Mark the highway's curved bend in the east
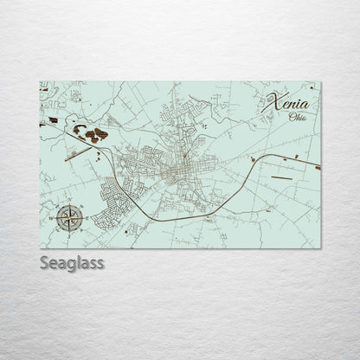[x=250, y=164]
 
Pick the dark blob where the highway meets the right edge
[x=318, y=167]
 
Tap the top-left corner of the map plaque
[x=40, y=82]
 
